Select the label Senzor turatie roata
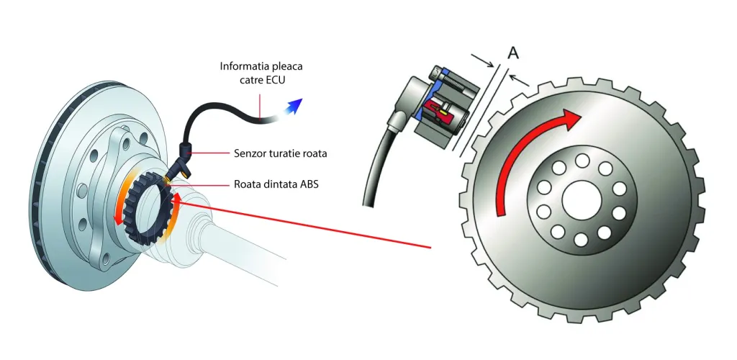pos(284,153)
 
